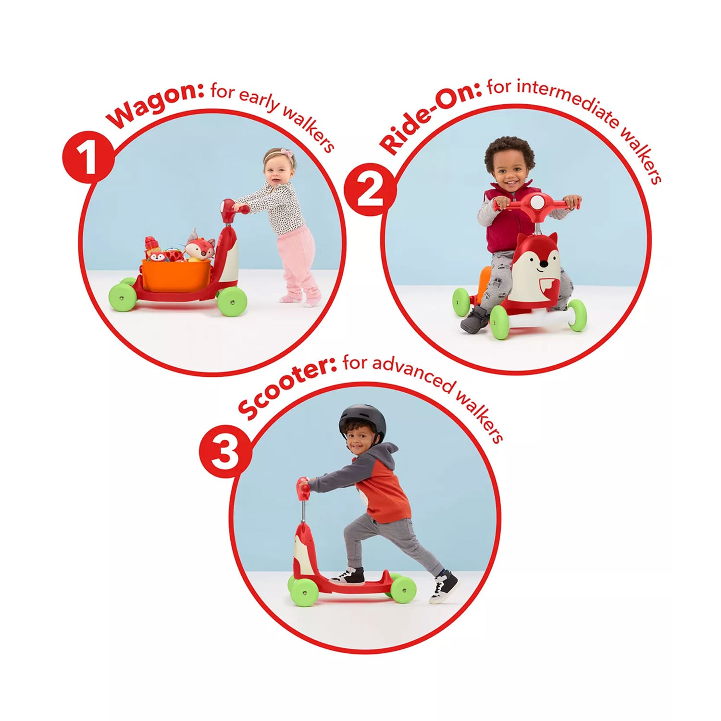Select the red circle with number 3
coord(225,450)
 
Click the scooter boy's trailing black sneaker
coord(443,586)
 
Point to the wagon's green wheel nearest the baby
coord(232,301)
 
